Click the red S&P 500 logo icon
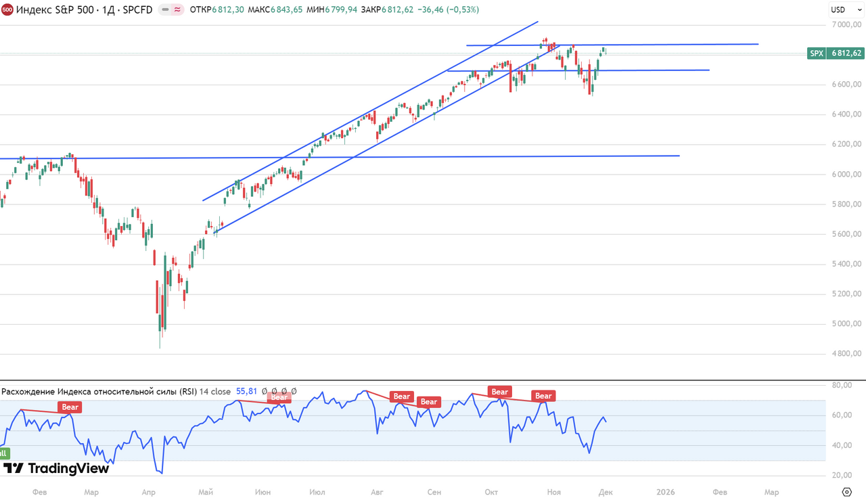point(7,9)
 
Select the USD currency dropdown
point(838,9)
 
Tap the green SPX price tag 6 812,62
point(836,53)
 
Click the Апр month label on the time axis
point(150,492)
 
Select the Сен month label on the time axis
point(434,492)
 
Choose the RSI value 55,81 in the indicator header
point(246,391)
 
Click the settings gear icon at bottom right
point(846,491)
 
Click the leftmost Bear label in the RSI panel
point(70,407)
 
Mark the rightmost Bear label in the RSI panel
point(543,396)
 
